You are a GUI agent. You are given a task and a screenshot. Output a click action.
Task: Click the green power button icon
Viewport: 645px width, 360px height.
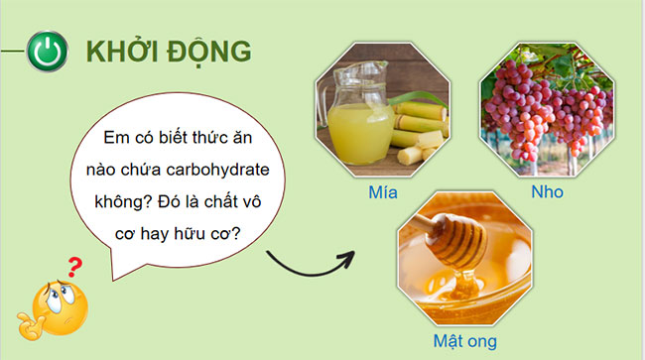48,52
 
